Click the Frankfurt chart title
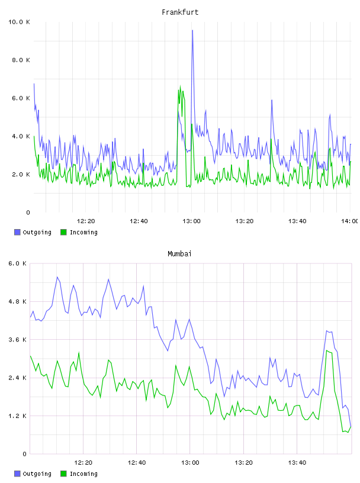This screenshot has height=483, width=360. (180, 12)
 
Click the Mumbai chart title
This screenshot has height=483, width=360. (179, 254)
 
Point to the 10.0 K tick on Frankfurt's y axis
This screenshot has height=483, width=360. (19, 22)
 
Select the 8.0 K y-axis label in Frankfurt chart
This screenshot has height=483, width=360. (21, 60)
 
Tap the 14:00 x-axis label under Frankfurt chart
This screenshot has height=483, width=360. (349, 221)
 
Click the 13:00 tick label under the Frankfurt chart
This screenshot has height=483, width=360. (191, 221)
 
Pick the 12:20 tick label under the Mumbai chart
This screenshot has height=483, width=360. (83, 463)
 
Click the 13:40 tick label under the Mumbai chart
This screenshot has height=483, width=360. (297, 463)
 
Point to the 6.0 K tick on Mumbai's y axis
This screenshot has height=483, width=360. (18, 263)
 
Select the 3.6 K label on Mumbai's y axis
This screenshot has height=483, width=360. (18, 340)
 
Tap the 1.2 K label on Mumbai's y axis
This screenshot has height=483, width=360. (18, 416)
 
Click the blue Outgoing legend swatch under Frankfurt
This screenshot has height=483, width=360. (17, 232)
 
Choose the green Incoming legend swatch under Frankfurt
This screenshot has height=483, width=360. (63, 232)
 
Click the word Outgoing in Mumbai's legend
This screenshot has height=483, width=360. (37, 474)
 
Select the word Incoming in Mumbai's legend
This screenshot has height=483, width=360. (83, 474)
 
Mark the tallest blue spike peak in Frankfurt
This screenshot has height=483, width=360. (192, 30)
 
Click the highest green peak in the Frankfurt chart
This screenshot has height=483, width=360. (181, 86)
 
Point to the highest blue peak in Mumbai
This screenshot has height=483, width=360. (57, 277)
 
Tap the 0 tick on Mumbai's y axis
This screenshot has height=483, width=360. (25, 454)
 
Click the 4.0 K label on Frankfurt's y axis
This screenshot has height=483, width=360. (21, 137)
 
